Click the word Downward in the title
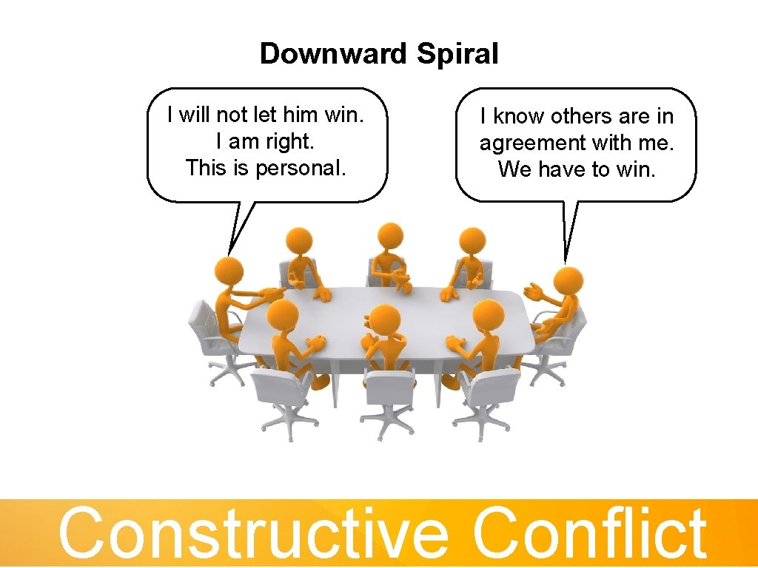point(334,54)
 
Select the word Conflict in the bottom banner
point(589,532)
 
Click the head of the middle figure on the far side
point(389,237)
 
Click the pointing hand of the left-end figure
point(275,294)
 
